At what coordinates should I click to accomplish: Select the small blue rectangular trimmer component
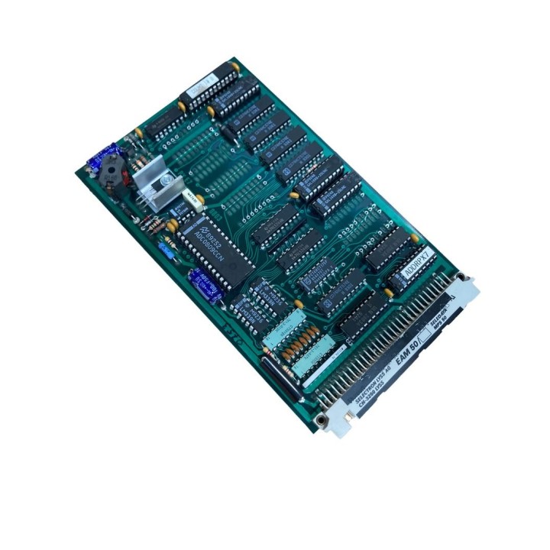tap(167, 248)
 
